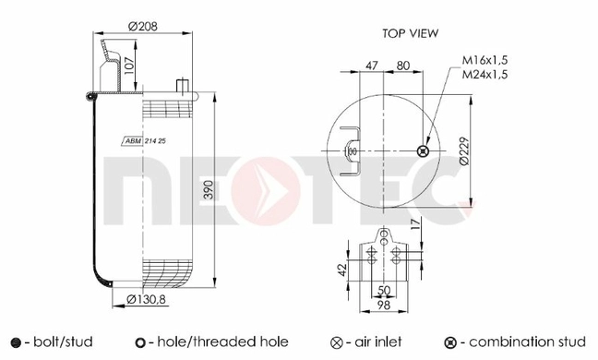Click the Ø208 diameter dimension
(143, 27)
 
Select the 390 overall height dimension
(209, 189)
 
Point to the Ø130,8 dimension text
(146, 299)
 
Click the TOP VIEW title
(411, 33)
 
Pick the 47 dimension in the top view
(372, 66)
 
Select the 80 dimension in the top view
(402, 66)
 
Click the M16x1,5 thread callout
(485, 60)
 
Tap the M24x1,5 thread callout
(485, 74)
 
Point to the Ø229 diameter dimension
(464, 151)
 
